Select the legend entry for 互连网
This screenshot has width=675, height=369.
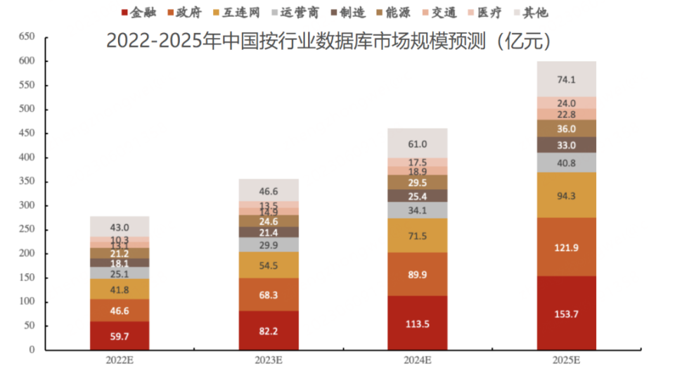237,12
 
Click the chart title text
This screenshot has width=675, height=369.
328,41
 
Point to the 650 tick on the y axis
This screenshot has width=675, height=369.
26,37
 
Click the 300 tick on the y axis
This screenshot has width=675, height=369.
26,206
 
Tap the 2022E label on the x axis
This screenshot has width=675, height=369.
119,360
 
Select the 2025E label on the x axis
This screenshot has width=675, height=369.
566,360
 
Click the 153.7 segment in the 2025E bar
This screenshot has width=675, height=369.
566,313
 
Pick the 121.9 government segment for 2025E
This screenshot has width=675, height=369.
566,247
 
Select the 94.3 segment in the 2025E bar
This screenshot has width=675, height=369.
566,195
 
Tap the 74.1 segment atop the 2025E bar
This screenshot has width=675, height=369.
566,79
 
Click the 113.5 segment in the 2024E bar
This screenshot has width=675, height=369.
417,323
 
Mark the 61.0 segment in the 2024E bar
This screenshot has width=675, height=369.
417,144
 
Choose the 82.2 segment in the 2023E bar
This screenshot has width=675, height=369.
269,330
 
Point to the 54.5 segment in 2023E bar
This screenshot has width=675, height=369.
269,265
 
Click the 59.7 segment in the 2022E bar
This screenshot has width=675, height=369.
120,336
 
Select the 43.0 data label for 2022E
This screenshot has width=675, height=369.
120,228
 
